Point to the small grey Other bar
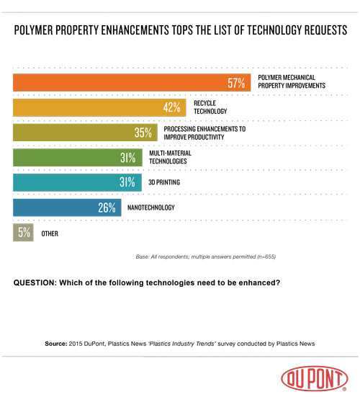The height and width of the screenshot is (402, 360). (x=23, y=233)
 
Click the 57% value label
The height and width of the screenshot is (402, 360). (x=237, y=84)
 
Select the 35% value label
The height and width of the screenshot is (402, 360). (x=143, y=133)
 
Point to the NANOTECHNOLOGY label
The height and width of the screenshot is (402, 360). (x=154, y=208)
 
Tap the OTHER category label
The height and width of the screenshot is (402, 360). (x=50, y=233)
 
